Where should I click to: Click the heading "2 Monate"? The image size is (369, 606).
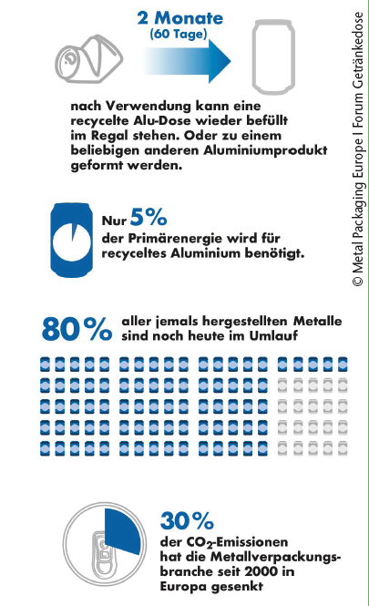(x=180, y=18)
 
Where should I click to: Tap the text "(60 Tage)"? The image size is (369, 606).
(x=179, y=34)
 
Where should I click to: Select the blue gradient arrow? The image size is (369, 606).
(x=188, y=61)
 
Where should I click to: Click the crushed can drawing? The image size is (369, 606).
(x=89, y=59)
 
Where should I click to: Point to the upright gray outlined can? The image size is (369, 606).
(x=273, y=57)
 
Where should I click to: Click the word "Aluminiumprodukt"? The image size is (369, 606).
(x=265, y=150)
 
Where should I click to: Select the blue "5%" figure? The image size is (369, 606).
(x=149, y=217)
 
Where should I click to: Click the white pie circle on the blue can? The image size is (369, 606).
(x=72, y=242)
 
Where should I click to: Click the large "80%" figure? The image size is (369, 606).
(x=77, y=329)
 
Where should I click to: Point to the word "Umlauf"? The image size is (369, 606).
(x=273, y=335)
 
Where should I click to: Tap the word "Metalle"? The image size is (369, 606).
(x=318, y=321)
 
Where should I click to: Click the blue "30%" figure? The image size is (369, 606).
(x=187, y=521)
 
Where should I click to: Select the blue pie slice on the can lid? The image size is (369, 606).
(x=122, y=529)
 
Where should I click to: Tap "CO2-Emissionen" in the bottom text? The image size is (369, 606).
(x=224, y=542)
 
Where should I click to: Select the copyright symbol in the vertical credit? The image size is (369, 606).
(x=358, y=281)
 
